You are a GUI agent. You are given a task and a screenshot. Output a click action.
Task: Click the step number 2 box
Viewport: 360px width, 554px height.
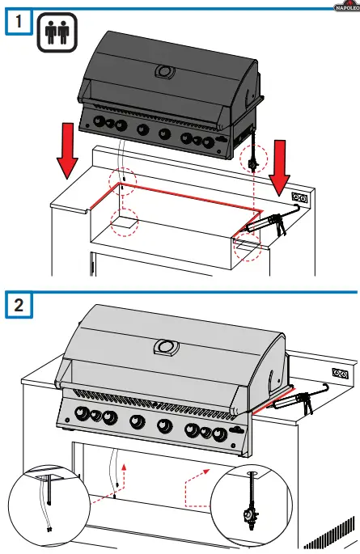[14, 305]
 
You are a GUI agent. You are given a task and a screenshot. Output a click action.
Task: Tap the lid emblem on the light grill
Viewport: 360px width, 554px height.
[167, 349]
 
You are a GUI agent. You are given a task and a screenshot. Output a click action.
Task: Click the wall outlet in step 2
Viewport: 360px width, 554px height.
[341, 374]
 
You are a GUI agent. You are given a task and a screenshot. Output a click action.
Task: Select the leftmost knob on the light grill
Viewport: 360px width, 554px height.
[81, 415]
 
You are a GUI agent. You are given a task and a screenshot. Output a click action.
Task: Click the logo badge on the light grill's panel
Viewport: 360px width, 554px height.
[235, 429]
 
